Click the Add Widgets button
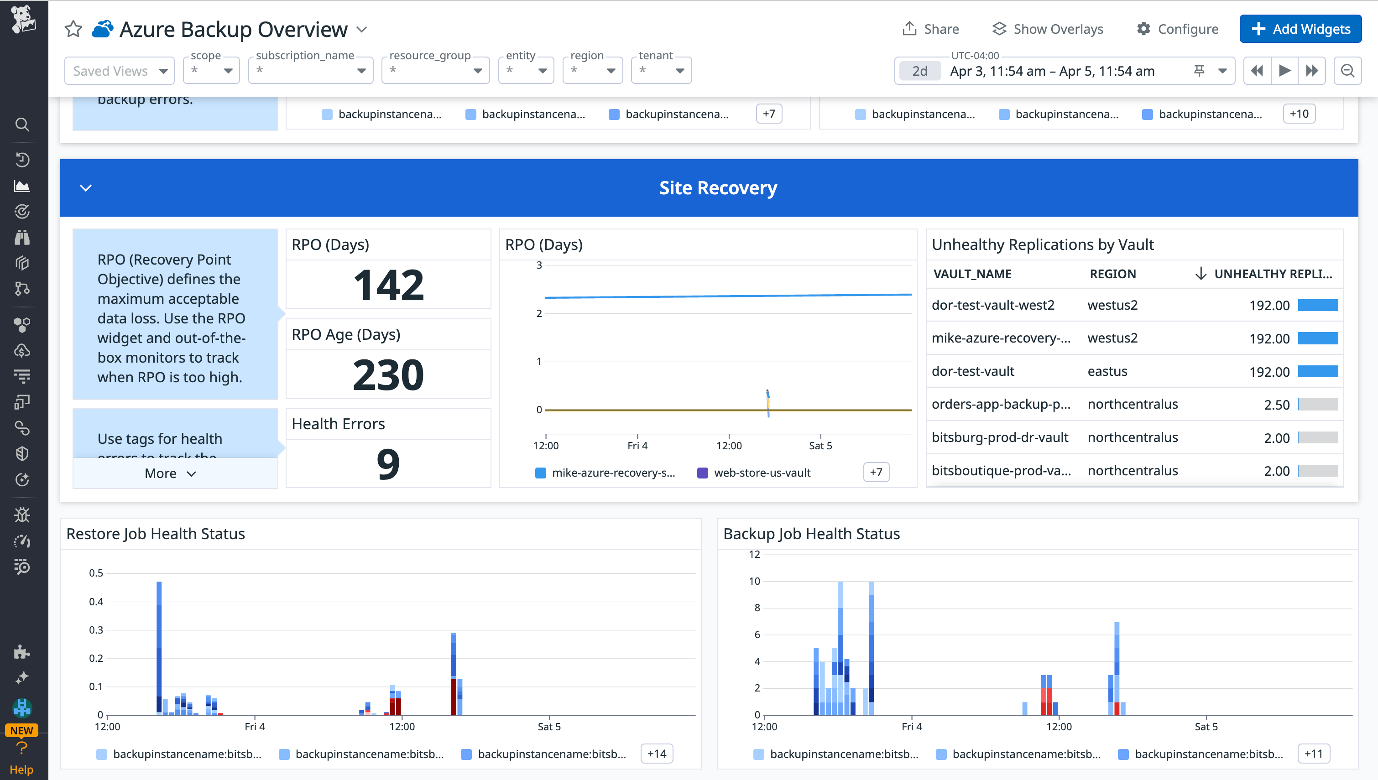(x=1300, y=29)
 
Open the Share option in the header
(x=931, y=29)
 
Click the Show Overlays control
(x=1048, y=29)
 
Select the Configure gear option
(x=1177, y=29)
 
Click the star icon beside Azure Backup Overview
(x=73, y=29)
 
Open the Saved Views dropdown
(x=120, y=71)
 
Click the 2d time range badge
(x=919, y=71)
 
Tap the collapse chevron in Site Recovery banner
(x=86, y=188)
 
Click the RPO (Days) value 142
(x=388, y=285)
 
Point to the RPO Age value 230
(x=388, y=374)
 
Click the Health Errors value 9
(x=388, y=464)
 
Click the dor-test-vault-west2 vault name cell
(x=993, y=305)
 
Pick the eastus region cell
(x=1107, y=371)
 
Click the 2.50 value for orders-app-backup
(x=1276, y=405)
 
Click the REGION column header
(x=1112, y=274)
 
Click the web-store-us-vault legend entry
(x=762, y=473)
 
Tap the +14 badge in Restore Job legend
(x=656, y=754)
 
